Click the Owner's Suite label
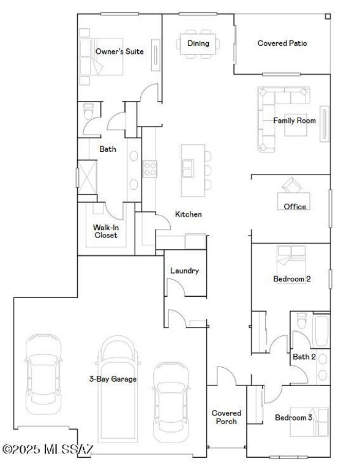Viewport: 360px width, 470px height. (119, 52)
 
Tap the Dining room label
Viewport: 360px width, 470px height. (198, 43)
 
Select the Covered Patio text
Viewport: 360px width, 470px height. (282, 43)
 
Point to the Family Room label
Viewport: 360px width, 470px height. (294, 121)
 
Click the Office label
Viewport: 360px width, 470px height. (294, 207)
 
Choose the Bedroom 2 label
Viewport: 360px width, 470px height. (291, 279)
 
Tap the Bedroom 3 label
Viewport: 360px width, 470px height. (293, 418)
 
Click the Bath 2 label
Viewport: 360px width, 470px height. (304, 357)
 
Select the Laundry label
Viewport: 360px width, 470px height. (184, 270)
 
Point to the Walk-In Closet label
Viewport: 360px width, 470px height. (105, 231)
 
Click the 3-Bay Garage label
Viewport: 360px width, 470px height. (113, 379)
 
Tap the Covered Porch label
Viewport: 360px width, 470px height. (227, 417)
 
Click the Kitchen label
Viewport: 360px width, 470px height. (189, 214)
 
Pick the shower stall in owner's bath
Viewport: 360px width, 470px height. (86, 177)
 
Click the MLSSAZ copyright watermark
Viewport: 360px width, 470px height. (48, 450)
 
